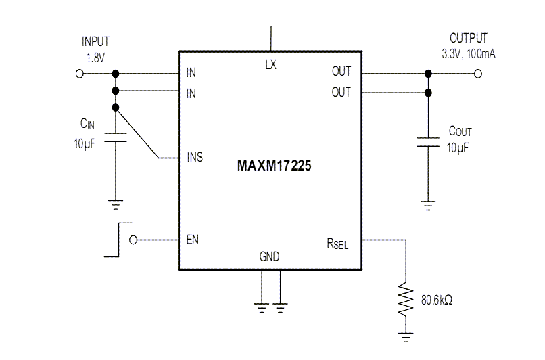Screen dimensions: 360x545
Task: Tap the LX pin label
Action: (270, 64)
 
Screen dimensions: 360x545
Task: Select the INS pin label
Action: (195, 158)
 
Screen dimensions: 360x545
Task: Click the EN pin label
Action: (192, 240)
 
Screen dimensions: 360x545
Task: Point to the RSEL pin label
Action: (337, 243)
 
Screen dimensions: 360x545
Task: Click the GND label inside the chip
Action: (269, 256)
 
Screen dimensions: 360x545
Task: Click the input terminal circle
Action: (80, 73)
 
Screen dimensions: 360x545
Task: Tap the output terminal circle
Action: (479, 73)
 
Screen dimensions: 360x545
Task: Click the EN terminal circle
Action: (133, 240)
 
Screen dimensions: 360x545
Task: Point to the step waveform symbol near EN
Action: (118, 240)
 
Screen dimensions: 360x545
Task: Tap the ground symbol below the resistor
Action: (405, 335)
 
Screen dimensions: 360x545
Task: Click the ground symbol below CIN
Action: (116, 202)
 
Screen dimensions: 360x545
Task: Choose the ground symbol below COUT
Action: (427, 202)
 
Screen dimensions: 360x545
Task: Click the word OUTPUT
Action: (468, 39)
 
